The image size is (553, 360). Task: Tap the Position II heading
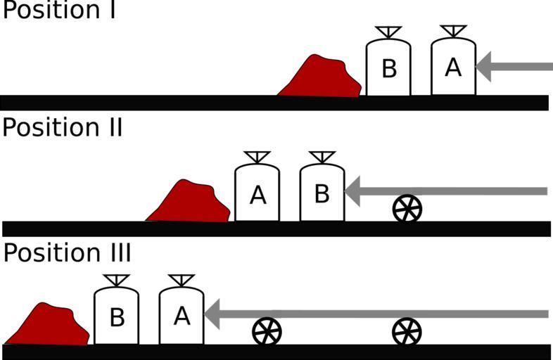[62, 128]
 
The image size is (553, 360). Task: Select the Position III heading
[66, 253]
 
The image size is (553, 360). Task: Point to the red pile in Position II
[189, 202]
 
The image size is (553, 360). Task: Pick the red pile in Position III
[51, 325]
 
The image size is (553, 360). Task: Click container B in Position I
[388, 68]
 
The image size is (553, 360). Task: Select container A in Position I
[453, 67]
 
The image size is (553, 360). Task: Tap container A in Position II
[257, 194]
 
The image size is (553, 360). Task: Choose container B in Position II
[322, 193]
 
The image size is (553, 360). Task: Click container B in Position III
[116, 317]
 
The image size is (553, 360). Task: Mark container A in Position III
[182, 316]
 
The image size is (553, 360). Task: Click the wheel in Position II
[407, 208]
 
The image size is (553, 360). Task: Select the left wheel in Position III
[267, 331]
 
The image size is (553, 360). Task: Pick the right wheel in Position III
[407, 331]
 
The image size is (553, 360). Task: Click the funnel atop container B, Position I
[388, 32]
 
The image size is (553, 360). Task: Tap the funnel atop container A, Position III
[182, 281]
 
